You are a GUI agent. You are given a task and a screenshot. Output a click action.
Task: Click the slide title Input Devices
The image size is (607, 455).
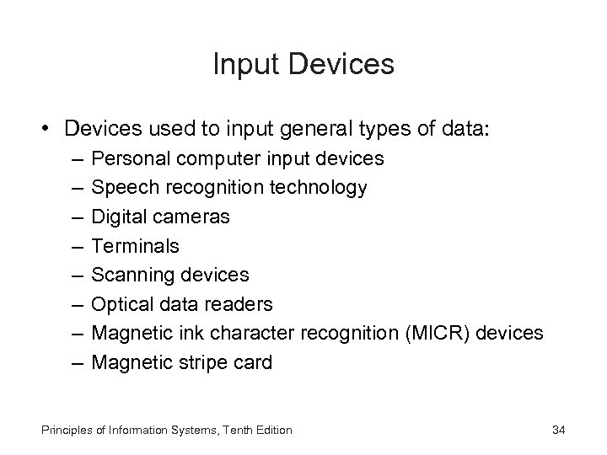[303, 64]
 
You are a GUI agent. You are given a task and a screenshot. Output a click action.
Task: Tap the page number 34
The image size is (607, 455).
[557, 430]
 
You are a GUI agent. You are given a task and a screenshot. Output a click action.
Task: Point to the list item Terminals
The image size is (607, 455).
[135, 245]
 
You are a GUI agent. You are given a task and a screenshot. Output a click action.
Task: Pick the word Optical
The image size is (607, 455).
[121, 304]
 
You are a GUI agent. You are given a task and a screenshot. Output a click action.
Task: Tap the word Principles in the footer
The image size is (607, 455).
[62, 430]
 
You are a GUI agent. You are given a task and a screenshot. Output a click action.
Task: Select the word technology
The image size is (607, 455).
[317, 188]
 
